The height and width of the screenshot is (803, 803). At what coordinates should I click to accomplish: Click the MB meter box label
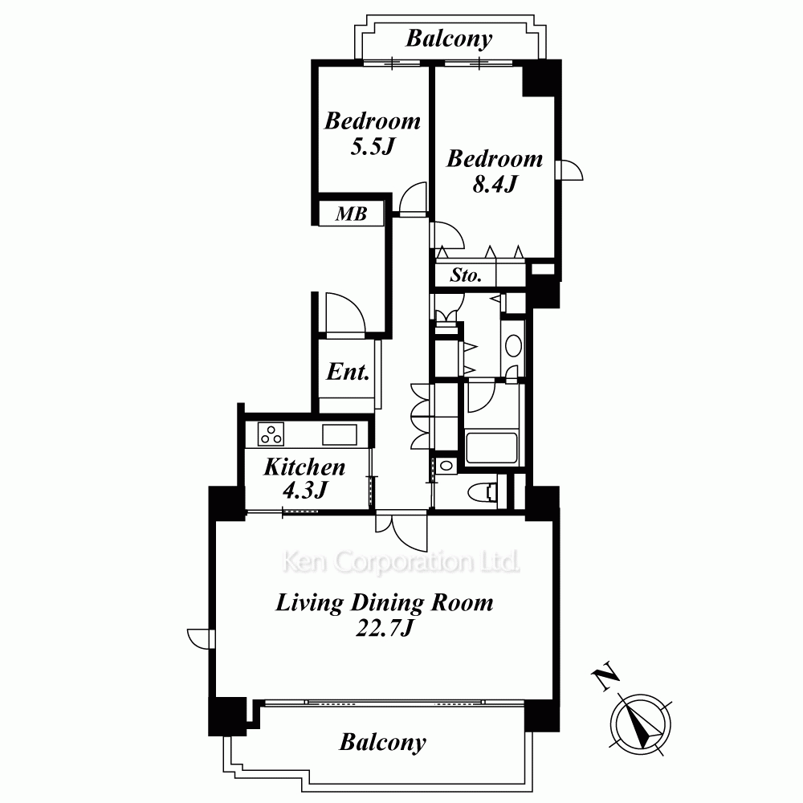click(x=352, y=214)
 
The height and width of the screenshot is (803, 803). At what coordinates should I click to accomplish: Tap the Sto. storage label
click(x=466, y=275)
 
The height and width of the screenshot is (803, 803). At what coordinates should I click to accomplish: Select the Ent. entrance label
click(x=348, y=372)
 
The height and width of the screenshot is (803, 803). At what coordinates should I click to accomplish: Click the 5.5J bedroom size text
click(x=373, y=147)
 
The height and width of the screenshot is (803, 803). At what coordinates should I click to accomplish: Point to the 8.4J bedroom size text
click(x=495, y=183)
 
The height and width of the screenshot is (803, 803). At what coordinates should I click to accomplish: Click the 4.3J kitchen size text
click(x=304, y=490)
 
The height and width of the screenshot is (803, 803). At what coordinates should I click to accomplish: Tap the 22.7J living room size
click(x=384, y=628)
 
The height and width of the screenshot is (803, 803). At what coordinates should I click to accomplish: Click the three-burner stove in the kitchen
click(x=271, y=434)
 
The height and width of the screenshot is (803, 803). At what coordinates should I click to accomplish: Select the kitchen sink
click(x=340, y=434)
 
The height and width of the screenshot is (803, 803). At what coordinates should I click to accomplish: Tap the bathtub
click(x=491, y=448)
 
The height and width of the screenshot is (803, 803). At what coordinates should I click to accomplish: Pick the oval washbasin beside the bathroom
click(x=513, y=345)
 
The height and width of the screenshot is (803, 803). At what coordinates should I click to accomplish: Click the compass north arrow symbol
click(x=641, y=724)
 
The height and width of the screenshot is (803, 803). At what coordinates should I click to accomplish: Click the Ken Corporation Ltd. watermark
click(x=401, y=562)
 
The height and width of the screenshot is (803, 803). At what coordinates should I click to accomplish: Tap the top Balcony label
click(x=449, y=39)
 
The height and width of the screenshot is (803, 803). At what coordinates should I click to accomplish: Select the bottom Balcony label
click(x=382, y=742)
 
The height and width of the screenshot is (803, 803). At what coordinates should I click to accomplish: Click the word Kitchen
click(x=304, y=467)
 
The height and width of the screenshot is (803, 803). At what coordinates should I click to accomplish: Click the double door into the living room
click(x=401, y=531)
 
